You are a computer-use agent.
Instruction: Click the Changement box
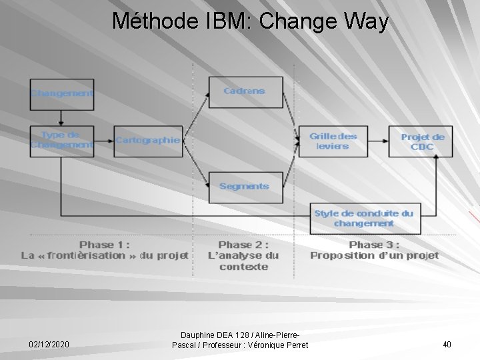61,93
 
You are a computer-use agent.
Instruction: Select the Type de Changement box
61,140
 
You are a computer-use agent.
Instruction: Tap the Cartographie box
147,141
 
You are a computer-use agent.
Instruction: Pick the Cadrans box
245,91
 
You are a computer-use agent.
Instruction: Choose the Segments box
245,187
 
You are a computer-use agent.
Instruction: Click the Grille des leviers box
332,141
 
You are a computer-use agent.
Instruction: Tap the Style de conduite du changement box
365,218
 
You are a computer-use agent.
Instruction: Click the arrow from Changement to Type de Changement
61,117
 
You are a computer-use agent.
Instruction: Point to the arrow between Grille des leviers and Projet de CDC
377,141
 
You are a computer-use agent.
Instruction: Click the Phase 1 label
104,250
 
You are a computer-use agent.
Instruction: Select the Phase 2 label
244,255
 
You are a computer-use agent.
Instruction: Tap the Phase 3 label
374,250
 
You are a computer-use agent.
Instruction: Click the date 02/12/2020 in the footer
48,345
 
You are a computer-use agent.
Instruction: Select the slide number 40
447,345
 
